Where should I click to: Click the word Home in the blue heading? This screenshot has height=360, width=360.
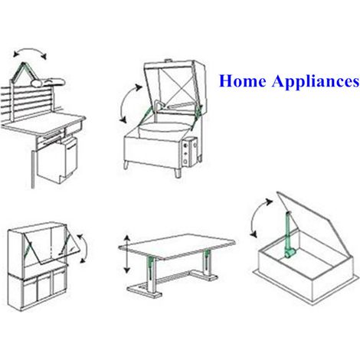pyautogui.click(x=242, y=81)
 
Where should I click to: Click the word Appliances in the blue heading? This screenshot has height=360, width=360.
pyautogui.click(x=316, y=82)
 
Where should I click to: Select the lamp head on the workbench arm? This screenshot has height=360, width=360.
pyautogui.click(x=48, y=82)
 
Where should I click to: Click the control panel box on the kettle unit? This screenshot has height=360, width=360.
pyautogui.click(x=190, y=152)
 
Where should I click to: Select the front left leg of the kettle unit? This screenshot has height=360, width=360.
pyautogui.click(x=126, y=165)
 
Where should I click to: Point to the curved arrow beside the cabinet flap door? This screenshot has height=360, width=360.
pyautogui.click(x=84, y=247)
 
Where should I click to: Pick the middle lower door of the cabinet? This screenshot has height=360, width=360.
pyautogui.click(x=44, y=289)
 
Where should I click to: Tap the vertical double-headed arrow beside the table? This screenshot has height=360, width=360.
pyautogui.click(x=127, y=254)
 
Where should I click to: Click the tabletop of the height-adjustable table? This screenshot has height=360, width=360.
pyautogui.click(x=177, y=246)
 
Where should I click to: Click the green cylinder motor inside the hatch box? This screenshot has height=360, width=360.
pyautogui.click(x=290, y=254)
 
